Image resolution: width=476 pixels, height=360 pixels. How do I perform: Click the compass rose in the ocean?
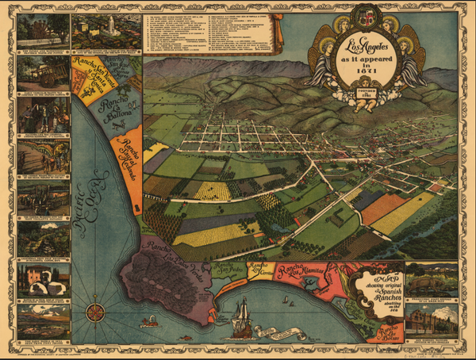pyautogui.click(x=94, y=308)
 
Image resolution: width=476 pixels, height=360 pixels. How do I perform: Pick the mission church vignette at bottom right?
pyautogui.click(x=431, y=321)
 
